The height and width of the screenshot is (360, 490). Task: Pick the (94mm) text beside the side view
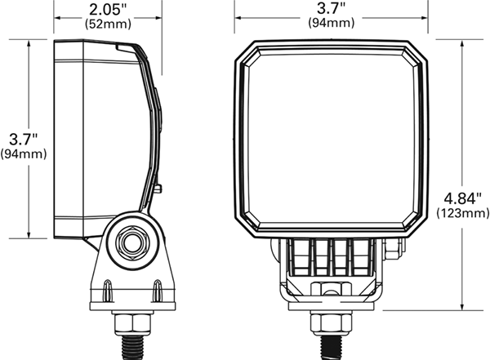[24, 153]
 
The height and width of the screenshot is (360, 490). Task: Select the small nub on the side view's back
[156, 189]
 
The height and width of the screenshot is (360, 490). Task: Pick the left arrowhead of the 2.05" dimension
[57, 16]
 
